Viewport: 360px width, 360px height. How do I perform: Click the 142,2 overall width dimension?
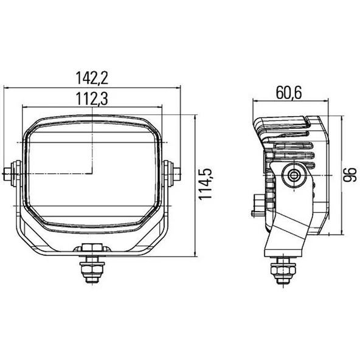click(x=92, y=78)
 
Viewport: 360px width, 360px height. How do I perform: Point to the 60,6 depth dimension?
click(x=289, y=94)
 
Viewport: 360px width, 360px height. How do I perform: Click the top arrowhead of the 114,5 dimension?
click(x=195, y=116)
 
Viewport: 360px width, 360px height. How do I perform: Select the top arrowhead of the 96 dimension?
click(x=339, y=117)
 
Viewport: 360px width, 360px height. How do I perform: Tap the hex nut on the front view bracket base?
click(x=93, y=247)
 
